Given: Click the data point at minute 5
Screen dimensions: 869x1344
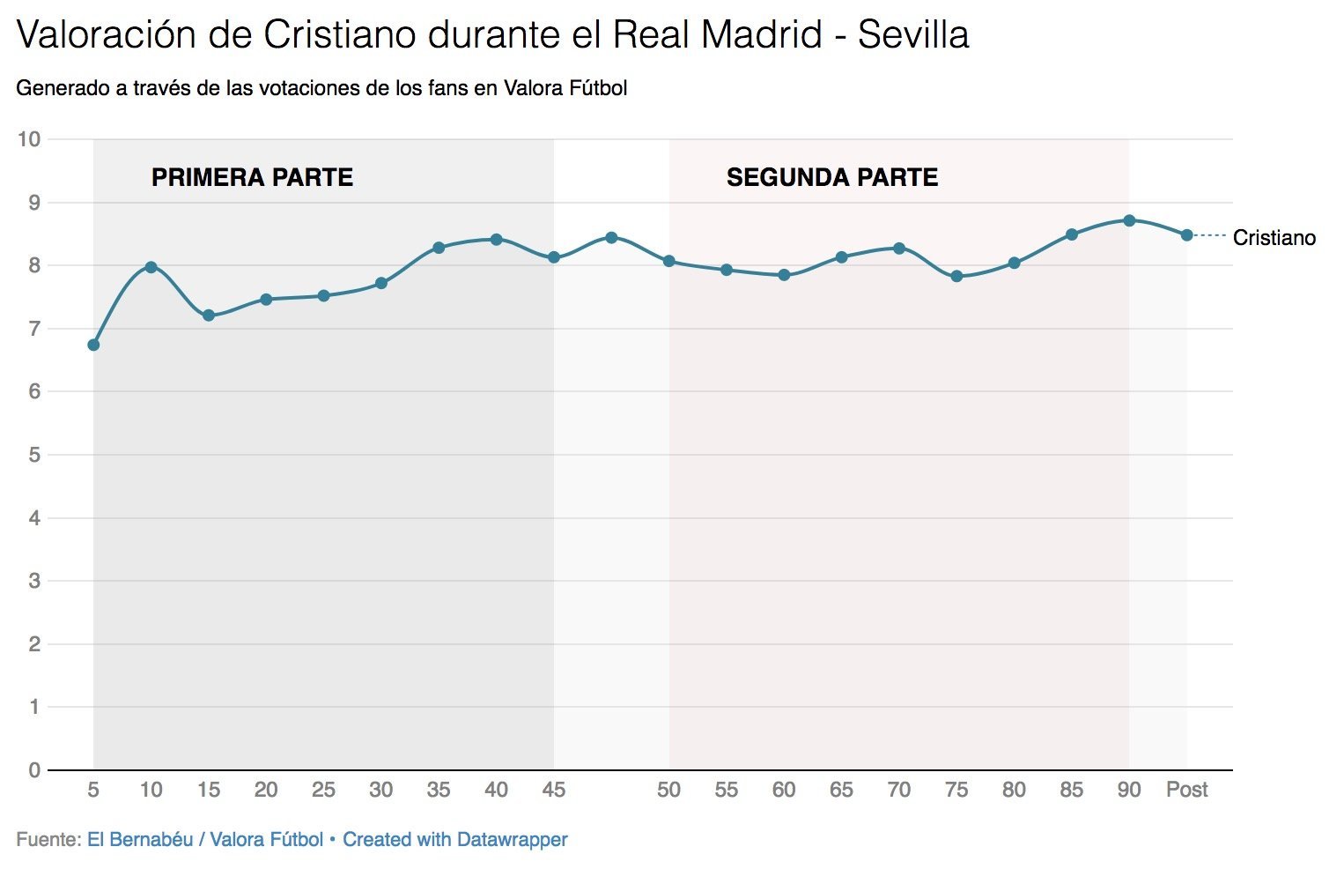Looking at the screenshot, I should (93, 345).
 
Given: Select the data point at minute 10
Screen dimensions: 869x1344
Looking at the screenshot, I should (151, 267).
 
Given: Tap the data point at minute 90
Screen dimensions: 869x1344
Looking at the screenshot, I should (1129, 220).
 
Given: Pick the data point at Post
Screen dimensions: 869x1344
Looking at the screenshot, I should (1186, 235).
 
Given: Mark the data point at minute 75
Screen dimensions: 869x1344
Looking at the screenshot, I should (956, 276).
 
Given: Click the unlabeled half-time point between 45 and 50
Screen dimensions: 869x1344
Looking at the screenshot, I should (611, 238).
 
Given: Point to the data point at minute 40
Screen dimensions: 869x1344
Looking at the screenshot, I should (496, 240).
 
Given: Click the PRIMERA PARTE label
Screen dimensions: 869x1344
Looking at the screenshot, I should (252, 177).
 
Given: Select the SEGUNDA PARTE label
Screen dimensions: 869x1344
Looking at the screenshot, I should (831, 177).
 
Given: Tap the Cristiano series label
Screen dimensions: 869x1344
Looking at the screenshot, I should (1274, 238).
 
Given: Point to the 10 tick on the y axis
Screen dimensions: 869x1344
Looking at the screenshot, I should (29, 139).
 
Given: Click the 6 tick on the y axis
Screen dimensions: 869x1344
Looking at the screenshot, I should (34, 391).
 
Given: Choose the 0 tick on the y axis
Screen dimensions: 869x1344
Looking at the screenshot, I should (34, 770).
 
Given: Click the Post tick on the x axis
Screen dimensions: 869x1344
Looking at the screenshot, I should (1186, 790).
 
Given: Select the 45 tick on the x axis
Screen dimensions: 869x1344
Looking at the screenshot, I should (553, 790).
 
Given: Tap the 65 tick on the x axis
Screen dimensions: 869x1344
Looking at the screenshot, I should (841, 790).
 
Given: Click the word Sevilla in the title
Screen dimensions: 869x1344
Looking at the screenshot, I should (912, 35).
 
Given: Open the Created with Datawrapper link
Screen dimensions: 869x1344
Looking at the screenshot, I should (454, 840).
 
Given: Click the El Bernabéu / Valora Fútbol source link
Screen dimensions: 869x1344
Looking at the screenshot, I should (204, 840).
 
